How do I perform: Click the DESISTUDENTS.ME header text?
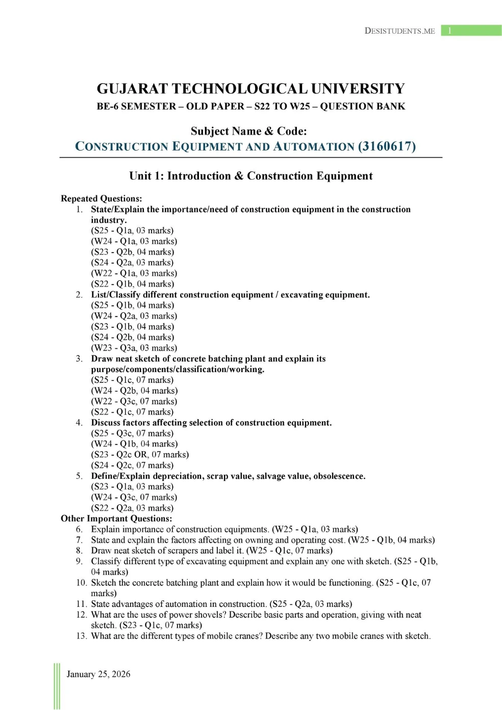(x=399, y=31)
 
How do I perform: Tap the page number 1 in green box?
(x=449, y=31)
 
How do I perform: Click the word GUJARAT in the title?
(x=132, y=89)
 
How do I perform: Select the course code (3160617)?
(x=387, y=146)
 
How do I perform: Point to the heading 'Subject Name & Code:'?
(x=249, y=131)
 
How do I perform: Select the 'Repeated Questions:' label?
(x=101, y=199)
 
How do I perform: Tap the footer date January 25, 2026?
(x=98, y=674)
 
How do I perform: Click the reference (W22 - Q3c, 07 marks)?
(x=134, y=401)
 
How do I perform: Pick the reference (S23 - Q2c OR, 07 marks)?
(x=140, y=454)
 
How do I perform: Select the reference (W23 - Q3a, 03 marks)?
(x=134, y=348)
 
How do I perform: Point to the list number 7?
(x=80, y=540)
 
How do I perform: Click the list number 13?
(x=82, y=636)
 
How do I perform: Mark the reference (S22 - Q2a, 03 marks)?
(x=132, y=508)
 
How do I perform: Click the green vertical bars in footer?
(x=57, y=686)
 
